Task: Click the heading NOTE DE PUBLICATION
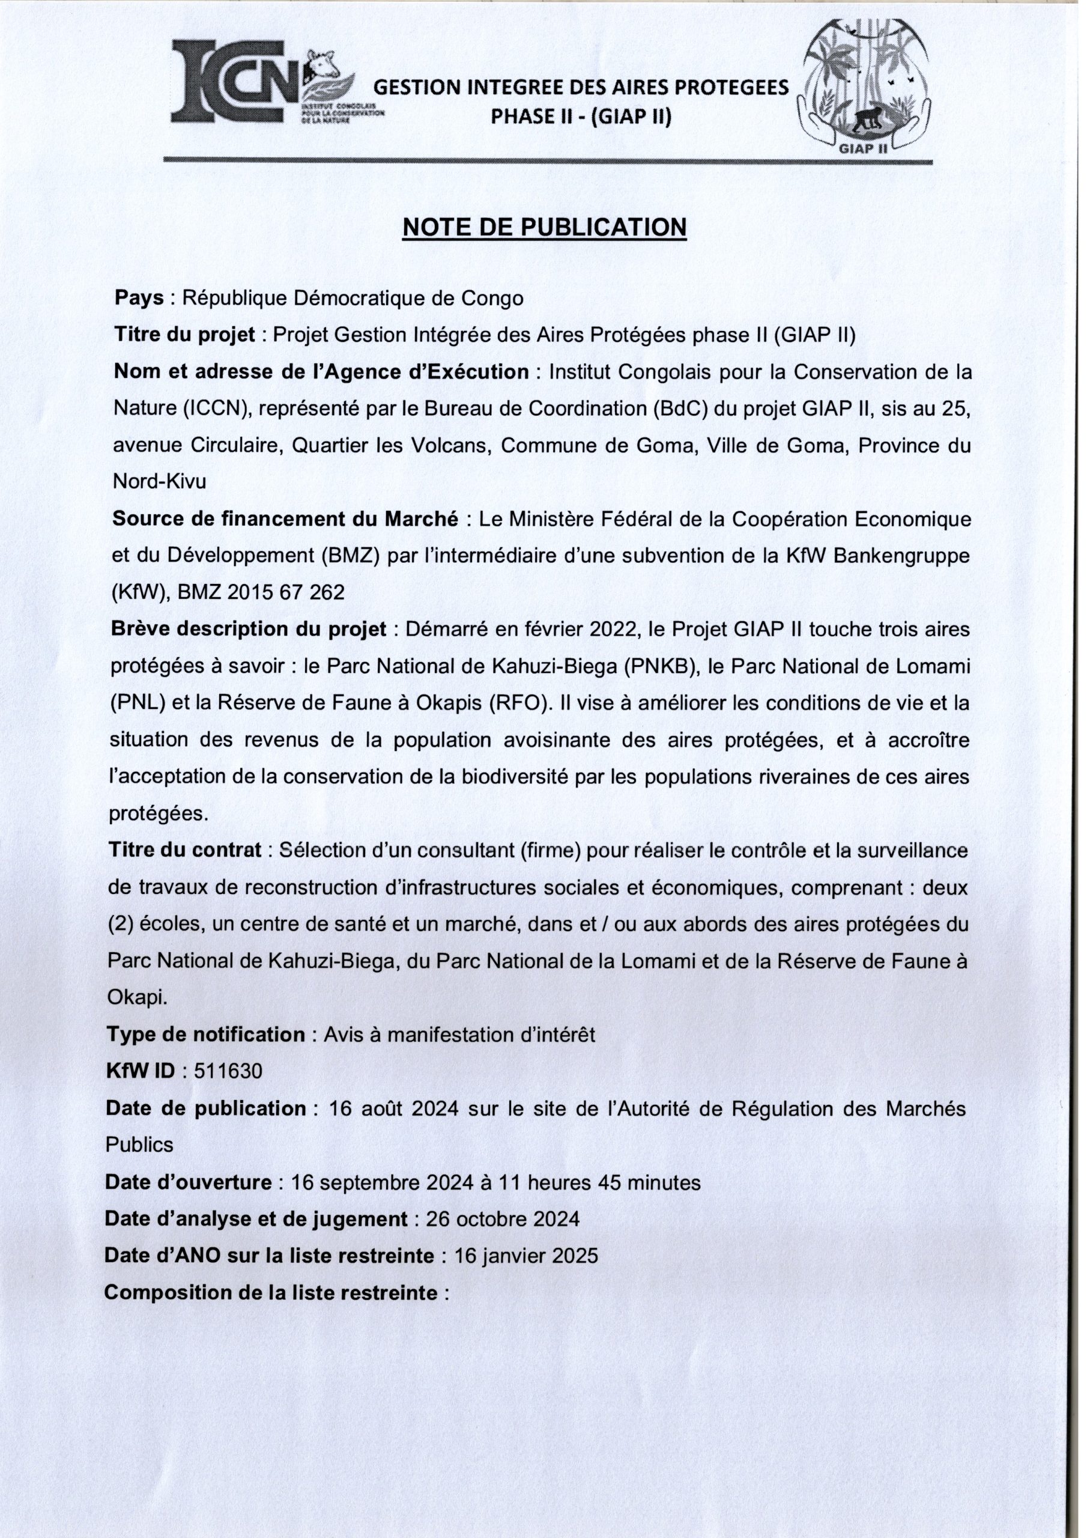(544, 228)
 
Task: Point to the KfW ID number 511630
(228, 1071)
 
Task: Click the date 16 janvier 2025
(525, 1255)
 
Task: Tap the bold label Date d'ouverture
(188, 1182)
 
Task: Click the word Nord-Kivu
(159, 482)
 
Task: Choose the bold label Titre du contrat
(184, 851)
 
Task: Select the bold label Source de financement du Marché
(285, 519)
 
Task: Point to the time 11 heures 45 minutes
(600, 1182)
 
